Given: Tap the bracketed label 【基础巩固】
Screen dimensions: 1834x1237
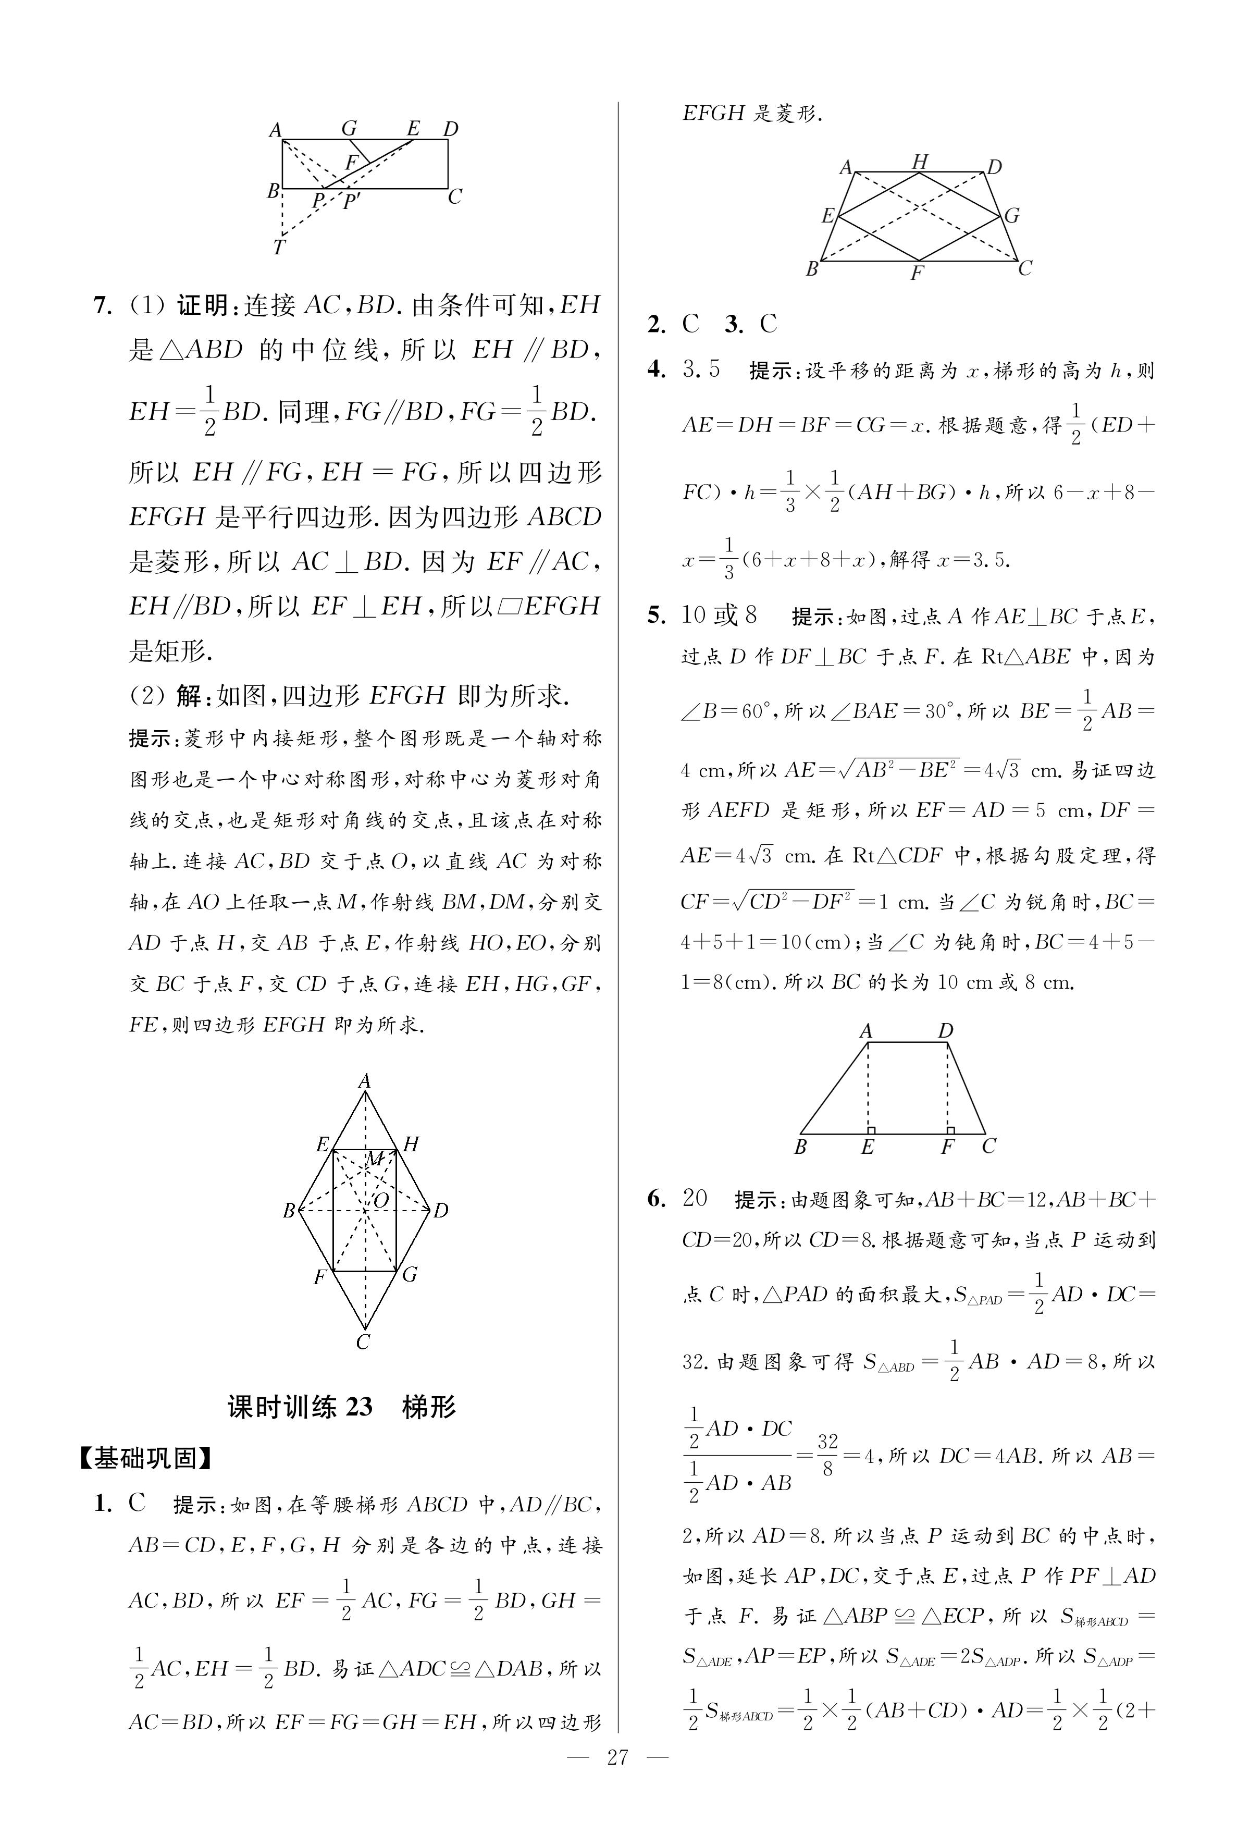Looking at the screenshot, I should click(145, 1458).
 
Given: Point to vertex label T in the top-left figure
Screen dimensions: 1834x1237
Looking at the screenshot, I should click(278, 248).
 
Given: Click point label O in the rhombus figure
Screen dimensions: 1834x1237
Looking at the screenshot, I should click(381, 1201).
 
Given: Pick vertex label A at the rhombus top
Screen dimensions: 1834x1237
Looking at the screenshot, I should click(364, 1081).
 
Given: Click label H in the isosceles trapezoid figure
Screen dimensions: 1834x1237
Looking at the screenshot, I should click(919, 162).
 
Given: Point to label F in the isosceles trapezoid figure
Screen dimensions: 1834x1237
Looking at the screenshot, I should click(917, 273).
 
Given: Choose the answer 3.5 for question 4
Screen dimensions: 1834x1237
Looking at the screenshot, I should click(701, 369).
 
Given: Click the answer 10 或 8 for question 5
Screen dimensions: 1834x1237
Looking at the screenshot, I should click(719, 614).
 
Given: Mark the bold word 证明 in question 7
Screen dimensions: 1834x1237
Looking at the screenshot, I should click(202, 305).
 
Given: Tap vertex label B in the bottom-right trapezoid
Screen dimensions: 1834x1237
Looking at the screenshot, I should click(800, 1146).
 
